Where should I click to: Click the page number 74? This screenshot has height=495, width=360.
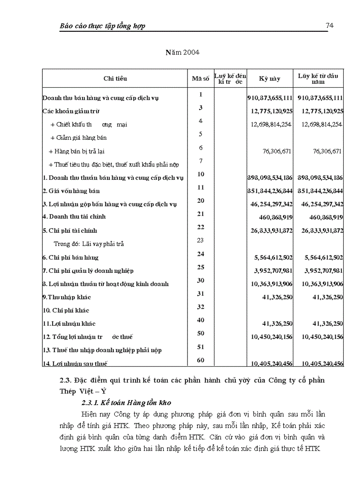(329, 26)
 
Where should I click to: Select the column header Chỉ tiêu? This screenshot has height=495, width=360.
(115, 78)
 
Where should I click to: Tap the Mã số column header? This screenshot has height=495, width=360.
(200, 78)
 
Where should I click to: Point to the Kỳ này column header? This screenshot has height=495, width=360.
(270, 78)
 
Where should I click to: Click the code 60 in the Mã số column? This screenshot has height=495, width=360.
(200, 360)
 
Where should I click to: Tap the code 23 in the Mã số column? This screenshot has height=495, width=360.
(200, 240)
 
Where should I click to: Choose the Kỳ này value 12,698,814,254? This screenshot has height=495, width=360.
(271, 125)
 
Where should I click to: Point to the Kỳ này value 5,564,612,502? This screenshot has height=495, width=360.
(274, 257)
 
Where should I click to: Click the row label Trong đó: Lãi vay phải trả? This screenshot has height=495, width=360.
(89, 244)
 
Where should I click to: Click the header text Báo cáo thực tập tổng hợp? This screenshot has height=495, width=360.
(102, 26)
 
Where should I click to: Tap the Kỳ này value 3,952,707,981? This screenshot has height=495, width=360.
(274, 271)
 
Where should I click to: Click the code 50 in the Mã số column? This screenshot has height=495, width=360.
(200, 334)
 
